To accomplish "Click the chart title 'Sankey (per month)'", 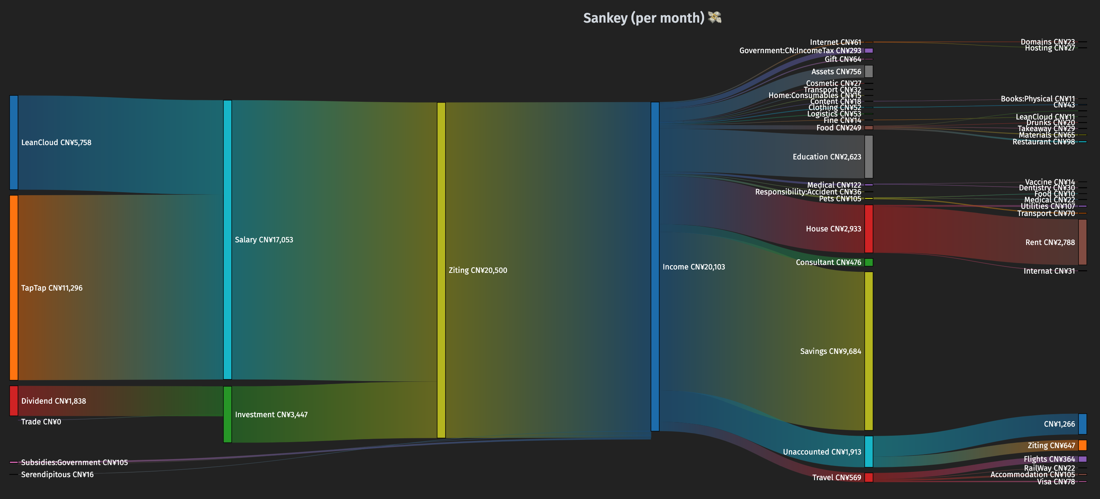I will pos(643,18).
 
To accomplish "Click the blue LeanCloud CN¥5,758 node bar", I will pos(14,142).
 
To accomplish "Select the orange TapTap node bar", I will pos(14,288).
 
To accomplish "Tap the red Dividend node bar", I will pos(14,401).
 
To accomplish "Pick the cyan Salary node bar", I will pos(228,240).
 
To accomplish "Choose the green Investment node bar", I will pos(228,415).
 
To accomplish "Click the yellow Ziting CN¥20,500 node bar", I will pos(441,270).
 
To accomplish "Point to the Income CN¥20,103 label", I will pos(694,267).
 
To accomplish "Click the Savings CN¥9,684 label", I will pos(830,351).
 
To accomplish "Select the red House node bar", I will pos(869,228).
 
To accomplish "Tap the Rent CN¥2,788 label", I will pos(1050,242).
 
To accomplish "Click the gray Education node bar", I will pos(869,157).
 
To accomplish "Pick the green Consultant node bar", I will pos(869,262).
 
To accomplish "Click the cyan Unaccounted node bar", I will pos(869,452).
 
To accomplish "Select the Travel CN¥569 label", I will pos(836,477).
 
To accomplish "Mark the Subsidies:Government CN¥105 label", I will pos(74,462).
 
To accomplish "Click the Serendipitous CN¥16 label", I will pos(57,474).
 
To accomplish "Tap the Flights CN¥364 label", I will pos(1049,459).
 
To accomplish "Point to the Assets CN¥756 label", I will pos(836,72).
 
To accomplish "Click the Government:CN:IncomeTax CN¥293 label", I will pos(800,51).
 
